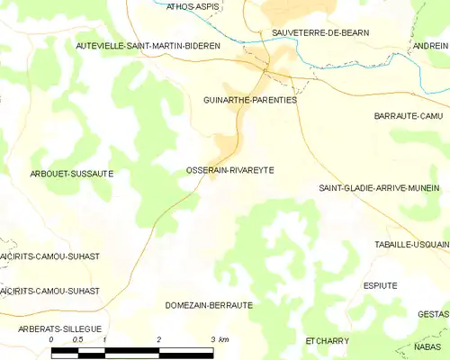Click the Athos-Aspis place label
pos(193,6)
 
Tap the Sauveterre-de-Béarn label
pos(320,32)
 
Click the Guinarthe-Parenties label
pos(250,100)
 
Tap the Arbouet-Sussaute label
pos(72,173)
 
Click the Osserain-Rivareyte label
pos(229,169)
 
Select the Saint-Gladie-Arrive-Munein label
pos(379,188)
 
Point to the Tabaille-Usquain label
pos(411,244)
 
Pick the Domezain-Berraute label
pos(209,305)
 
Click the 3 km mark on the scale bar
pos(218,339)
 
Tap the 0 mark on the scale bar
pos(51,339)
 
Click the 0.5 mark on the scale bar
pos(78,339)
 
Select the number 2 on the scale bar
pos(158,339)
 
